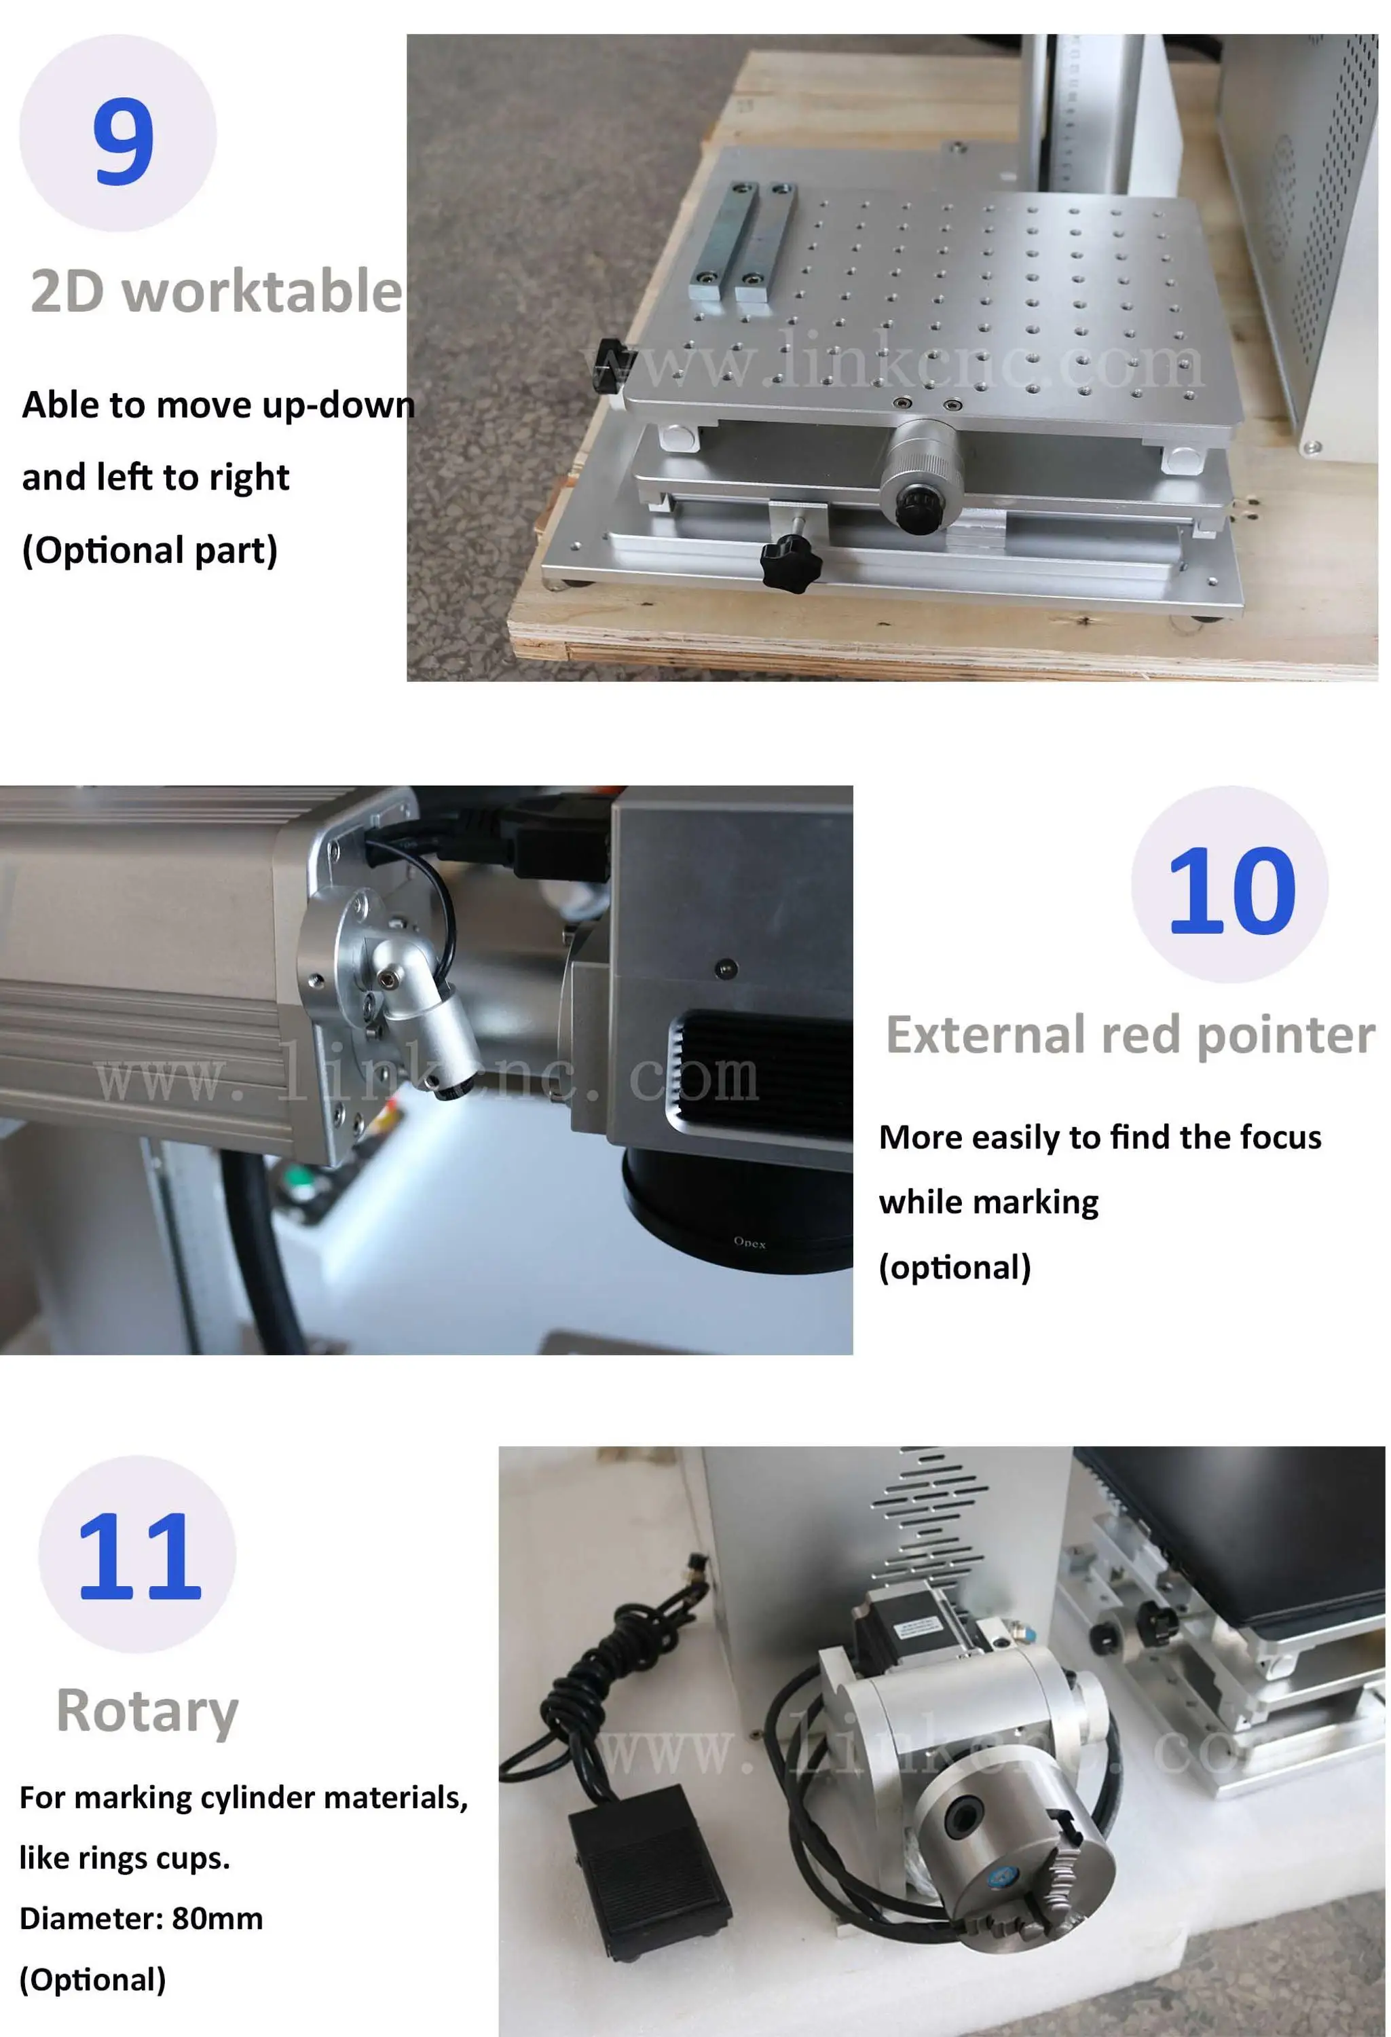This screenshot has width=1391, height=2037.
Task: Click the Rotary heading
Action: [147, 1712]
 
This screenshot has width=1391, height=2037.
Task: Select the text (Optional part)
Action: [150, 551]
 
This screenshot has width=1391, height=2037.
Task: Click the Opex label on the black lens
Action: [749, 1242]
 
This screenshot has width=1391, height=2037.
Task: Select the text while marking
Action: [988, 1203]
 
